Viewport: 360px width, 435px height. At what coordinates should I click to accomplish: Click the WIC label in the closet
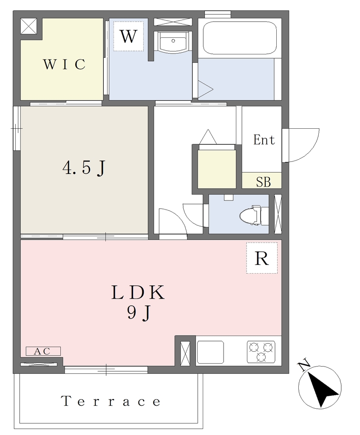64,64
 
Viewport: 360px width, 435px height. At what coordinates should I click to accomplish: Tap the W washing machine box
128,36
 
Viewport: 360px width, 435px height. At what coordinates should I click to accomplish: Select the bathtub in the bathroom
240,38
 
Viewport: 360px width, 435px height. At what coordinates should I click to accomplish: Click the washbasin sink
173,42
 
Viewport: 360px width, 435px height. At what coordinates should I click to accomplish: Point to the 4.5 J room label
84,168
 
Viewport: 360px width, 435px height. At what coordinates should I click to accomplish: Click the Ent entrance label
264,140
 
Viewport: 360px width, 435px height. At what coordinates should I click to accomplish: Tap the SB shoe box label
263,182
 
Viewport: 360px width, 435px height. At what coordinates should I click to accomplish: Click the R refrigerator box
262,258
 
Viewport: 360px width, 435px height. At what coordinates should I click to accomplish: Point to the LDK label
138,292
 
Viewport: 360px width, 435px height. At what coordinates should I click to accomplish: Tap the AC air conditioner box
43,351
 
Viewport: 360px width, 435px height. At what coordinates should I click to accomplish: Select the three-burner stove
261,352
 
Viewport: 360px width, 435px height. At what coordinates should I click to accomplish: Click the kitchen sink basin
210,352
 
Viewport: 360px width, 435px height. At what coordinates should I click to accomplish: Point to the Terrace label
111,401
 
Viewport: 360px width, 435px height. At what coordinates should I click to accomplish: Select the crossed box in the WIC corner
29,26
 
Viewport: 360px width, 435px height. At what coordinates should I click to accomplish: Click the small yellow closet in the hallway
217,169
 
